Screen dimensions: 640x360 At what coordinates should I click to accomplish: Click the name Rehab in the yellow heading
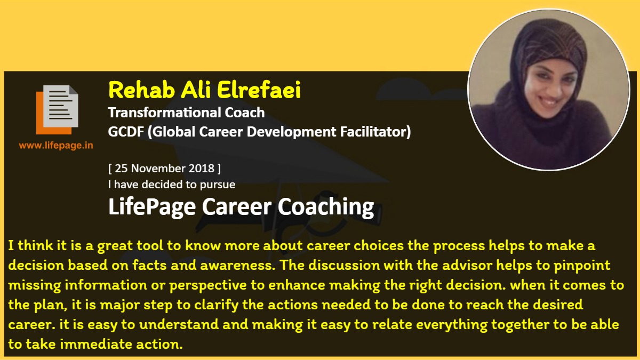[x=142, y=90]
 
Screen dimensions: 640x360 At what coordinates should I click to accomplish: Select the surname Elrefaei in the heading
[x=259, y=90]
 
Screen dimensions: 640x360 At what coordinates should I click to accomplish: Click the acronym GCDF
[x=126, y=132]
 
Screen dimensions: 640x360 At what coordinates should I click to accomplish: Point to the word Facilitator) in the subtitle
[x=375, y=132]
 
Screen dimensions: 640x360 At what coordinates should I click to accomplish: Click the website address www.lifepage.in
[x=56, y=146]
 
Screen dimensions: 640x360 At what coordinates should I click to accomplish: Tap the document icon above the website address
[x=57, y=110]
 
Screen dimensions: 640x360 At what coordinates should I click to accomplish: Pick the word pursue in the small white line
[x=218, y=185]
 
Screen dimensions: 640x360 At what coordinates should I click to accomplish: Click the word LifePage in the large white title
[x=152, y=207]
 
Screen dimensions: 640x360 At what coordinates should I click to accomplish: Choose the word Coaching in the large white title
[x=326, y=207]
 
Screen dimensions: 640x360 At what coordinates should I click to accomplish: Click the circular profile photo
[x=549, y=90]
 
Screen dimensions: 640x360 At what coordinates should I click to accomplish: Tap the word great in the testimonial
[x=115, y=246]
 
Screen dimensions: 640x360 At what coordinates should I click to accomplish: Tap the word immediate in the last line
[x=96, y=345]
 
